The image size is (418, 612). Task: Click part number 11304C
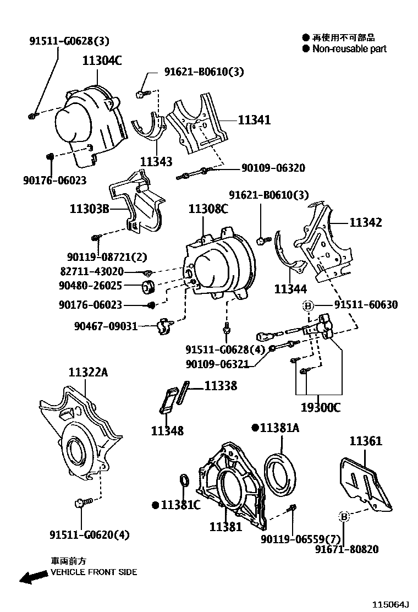102,61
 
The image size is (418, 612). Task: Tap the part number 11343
156,162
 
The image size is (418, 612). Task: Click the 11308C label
208,209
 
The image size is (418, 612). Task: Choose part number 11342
366,222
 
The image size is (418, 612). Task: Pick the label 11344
290,288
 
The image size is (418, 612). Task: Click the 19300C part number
320,408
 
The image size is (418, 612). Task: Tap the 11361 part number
366,441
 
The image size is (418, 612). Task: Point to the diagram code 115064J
392,604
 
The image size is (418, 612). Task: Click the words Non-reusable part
349,48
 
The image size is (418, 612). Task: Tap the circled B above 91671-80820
343,516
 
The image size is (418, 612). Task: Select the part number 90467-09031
106,326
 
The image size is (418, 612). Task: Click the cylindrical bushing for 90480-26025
148,287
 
